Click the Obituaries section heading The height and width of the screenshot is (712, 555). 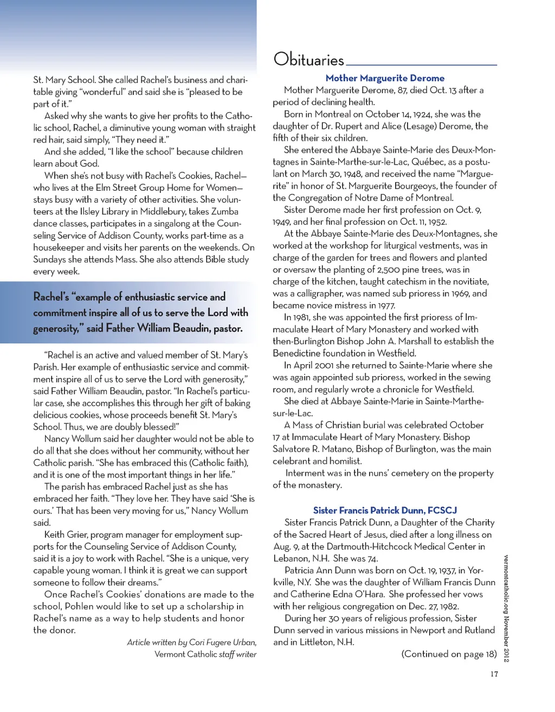(x=308, y=59)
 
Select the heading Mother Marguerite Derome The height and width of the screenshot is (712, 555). (x=385, y=78)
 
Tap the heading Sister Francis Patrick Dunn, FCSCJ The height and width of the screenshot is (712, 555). (x=385, y=510)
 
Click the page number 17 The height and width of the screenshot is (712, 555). (x=494, y=674)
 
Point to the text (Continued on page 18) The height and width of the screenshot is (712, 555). (x=449, y=654)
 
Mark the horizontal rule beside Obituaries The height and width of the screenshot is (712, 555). (x=421, y=64)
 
